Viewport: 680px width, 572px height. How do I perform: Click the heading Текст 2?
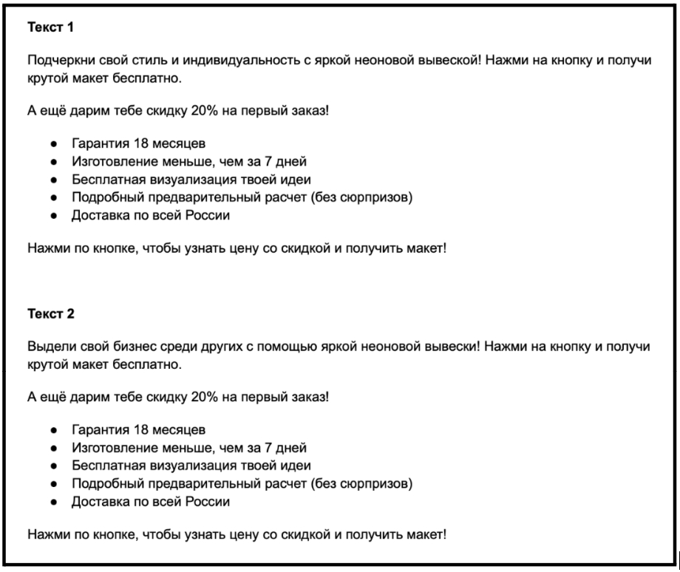point(51,313)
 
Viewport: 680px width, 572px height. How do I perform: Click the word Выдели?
point(48,346)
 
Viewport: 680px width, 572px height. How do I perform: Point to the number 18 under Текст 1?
point(132,144)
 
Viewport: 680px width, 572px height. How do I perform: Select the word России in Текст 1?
point(203,215)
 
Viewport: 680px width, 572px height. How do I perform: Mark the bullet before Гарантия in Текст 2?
point(54,429)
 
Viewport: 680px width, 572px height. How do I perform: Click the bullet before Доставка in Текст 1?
point(54,216)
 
